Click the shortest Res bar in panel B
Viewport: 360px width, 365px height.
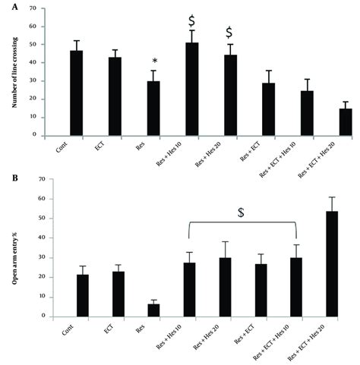pos(153,310)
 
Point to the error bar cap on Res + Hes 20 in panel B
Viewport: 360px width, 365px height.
pos(225,242)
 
